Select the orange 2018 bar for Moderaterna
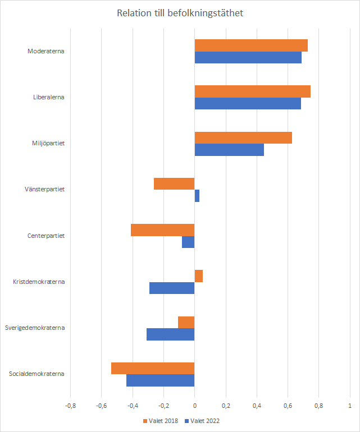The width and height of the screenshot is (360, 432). click(251, 45)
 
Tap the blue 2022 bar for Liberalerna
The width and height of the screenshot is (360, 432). click(248, 104)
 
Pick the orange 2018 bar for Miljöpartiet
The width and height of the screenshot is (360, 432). click(243, 137)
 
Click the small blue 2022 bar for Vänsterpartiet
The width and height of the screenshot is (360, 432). click(197, 196)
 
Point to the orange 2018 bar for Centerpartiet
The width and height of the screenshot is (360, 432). click(163, 229)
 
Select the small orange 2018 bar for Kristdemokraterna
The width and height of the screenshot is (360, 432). click(199, 276)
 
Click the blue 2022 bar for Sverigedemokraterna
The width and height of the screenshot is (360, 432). click(171, 334)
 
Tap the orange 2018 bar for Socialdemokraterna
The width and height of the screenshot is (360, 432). click(153, 368)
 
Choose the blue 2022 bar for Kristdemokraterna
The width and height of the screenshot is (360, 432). click(172, 288)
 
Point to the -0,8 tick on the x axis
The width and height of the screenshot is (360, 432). click(71, 405)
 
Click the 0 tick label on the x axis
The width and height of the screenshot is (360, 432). click(195, 405)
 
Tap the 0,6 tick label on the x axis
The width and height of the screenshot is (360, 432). click(288, 405)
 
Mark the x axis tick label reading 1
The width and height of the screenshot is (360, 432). click(350, 405)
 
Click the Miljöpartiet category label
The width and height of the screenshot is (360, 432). click(48, 143)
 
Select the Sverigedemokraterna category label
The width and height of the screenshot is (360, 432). click(35, 328)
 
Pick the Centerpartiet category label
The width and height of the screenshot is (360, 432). click(46, 236)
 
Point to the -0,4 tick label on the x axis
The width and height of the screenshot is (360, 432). click(133, 405)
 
